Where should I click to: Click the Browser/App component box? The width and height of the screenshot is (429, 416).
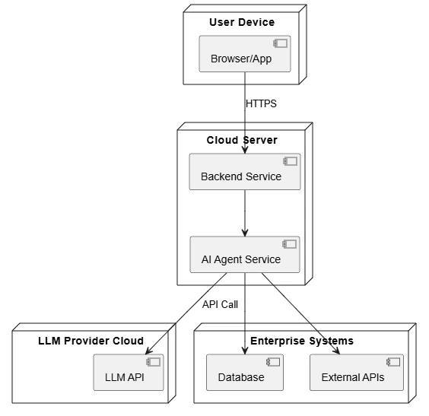point(245,53)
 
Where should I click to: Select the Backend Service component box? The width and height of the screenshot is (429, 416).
point(245,171)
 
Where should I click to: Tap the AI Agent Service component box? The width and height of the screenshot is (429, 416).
point(245,254)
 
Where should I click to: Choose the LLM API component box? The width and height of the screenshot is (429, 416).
point(129,372)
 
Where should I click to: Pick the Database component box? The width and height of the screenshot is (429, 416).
point(245,372)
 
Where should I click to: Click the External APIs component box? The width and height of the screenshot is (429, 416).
point(357,372)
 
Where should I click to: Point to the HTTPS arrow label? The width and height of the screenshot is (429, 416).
point(262,103)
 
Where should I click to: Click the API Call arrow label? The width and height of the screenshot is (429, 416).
point(221,304)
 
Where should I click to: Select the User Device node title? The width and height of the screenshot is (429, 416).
point(242,22)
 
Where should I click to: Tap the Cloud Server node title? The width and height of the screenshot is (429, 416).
point(242,140)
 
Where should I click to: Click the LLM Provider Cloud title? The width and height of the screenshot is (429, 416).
point(91,341)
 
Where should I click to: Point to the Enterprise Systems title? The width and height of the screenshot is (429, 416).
point(302,341)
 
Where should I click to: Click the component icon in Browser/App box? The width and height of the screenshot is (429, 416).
point(280,43)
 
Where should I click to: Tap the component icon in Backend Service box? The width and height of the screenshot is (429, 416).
point(290,161)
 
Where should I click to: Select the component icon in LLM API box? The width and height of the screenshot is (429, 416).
point(153,362)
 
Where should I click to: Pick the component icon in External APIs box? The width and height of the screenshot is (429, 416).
point(393,362)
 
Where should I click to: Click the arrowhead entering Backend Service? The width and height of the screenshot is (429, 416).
point(245,149)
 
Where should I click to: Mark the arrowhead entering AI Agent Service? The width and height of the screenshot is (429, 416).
point(245,232)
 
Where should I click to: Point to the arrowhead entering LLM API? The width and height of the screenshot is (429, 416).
point(148,351)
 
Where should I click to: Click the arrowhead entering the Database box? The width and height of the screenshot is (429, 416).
point(245,350)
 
